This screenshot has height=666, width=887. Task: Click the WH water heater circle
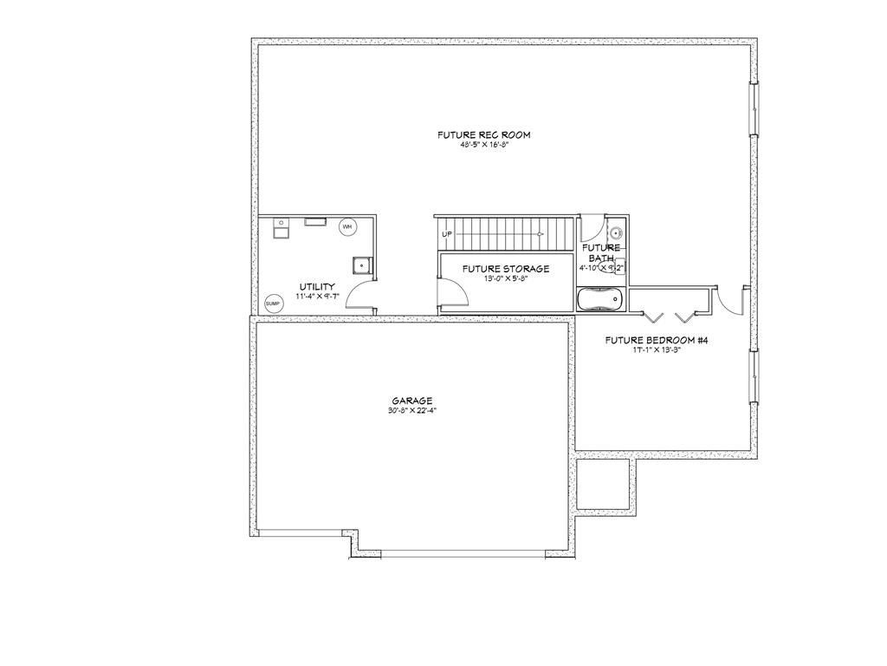tap(347, 226)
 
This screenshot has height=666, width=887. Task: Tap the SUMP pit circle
tap(274, 303)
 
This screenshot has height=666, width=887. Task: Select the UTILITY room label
tap(317, 286)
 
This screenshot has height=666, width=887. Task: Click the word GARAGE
tap(411, 401)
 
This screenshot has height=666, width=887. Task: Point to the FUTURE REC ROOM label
tap(483, 134)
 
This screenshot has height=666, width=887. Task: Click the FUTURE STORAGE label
tap(505, 269)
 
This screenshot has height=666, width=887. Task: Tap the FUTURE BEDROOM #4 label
tap(657, 341)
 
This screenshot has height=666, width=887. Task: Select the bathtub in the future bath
tap(599, 300)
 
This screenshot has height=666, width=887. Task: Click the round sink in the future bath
tap(615, 232)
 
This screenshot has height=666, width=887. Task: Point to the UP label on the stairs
tap(447, 234)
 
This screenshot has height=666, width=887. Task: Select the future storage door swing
tap(453, 296)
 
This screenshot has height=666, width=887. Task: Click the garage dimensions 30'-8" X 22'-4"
tap(412, 411)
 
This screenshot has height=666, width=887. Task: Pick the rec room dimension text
tap(483, 145)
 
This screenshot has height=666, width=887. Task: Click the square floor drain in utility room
tap(359, 264)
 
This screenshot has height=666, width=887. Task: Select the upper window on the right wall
tap(754, 109)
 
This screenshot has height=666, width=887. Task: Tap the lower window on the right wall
tap(754, 376)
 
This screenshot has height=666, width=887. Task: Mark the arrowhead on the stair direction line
tap(540, 234)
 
